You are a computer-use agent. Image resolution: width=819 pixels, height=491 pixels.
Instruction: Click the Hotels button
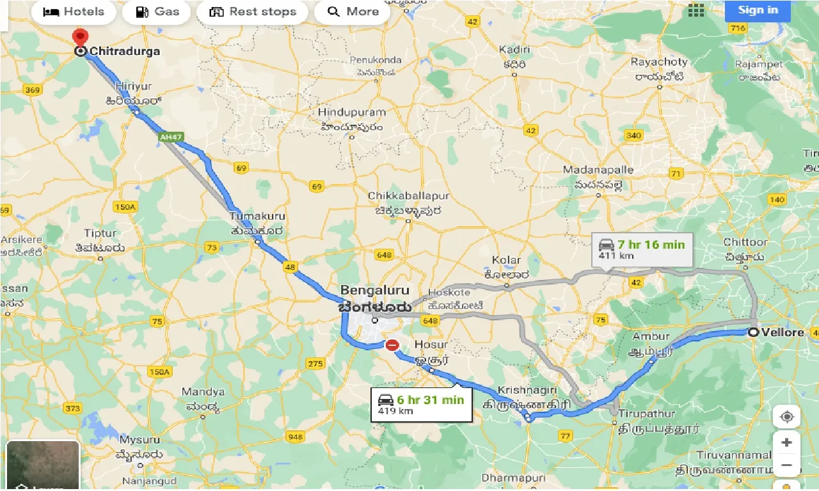point(73,12)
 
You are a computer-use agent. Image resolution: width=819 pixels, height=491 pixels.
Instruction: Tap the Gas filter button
point(159,12)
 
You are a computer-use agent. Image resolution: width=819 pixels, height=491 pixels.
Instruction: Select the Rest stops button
point(253,12)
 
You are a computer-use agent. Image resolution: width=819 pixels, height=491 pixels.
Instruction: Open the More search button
point(353,12)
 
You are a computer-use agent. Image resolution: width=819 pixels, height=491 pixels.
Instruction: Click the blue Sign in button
point(758,10)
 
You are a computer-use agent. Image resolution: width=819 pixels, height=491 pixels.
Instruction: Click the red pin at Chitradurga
point(81,38)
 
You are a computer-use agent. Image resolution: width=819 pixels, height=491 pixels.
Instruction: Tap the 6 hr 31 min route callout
point(421,405)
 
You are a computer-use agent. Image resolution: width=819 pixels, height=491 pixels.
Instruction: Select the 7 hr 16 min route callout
point(642,249)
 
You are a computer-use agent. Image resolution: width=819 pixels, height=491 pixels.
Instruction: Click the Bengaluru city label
point(374,290)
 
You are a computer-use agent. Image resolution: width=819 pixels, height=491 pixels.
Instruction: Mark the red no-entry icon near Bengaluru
point(392,345)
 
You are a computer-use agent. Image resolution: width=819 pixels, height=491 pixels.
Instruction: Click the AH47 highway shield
point(171,137)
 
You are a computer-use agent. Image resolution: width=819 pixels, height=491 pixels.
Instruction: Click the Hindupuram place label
point(352,113)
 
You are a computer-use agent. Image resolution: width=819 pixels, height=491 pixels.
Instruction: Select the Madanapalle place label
point(598,170)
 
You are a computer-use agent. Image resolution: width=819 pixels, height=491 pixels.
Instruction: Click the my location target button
point(786,416)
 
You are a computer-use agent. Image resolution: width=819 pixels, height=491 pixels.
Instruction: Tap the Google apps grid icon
point(696,10)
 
